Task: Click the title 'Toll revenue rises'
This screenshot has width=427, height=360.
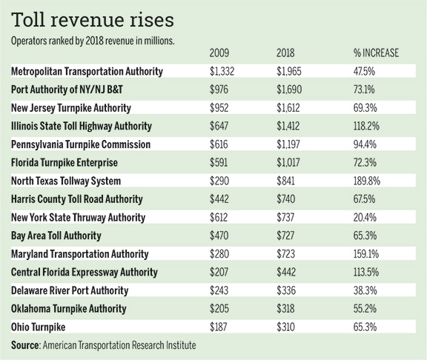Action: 93,20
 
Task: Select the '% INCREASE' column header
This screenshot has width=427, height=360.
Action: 376,53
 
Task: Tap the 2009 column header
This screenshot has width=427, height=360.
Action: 219,53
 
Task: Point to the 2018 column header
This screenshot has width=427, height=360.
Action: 285,53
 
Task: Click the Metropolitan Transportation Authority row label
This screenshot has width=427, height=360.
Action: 87,71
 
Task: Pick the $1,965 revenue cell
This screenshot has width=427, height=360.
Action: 289,71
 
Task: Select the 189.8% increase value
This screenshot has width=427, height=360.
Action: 366,181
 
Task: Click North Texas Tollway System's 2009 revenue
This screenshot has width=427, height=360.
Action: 219,181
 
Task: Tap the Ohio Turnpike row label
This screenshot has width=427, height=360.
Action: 38,327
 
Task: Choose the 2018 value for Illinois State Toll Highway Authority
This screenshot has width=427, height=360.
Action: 288,126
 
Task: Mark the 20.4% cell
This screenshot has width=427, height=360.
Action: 365,218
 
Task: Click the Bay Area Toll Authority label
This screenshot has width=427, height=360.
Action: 56,236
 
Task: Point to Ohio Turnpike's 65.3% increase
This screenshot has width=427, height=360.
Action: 365,327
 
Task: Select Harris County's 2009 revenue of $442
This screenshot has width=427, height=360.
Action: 219,199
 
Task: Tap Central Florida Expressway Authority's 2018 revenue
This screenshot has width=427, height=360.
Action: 286,272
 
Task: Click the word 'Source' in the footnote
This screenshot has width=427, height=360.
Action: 25,345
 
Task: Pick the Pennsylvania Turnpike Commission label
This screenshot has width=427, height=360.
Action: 81,144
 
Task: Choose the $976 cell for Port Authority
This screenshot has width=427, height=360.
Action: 219,90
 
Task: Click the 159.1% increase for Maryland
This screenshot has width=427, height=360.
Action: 366,254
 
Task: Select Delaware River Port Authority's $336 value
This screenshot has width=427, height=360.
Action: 286,290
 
